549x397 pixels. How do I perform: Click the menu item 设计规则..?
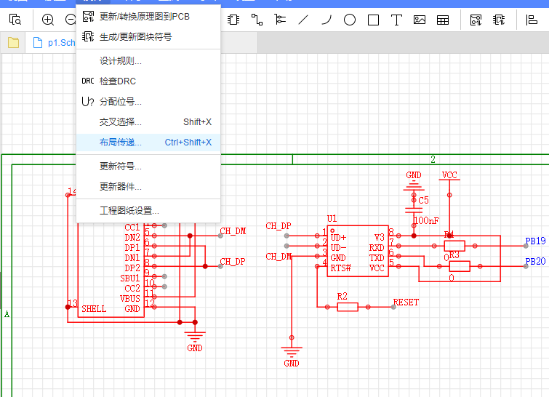[120, 61]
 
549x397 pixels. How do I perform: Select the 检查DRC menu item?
[117, 81]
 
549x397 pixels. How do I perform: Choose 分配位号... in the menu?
[120, 102]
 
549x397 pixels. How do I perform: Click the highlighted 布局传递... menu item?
[120, 143]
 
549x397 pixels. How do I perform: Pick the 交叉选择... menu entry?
[120, 122]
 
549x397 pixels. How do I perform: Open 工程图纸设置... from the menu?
[129, 211]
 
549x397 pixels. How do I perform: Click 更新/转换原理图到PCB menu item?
[144, 17]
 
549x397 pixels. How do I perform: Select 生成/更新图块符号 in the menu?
[135, 36]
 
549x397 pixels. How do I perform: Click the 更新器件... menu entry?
[120, 187]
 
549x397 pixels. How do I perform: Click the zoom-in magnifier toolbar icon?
[48, 20]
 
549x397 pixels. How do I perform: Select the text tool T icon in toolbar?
[396, 20]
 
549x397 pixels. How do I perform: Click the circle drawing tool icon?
[350, 20]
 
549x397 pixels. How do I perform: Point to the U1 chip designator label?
[332, 219]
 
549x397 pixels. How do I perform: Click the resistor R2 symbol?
[348, 307]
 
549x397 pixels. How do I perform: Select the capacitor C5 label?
[423, 200]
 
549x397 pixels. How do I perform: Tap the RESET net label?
[406, 302]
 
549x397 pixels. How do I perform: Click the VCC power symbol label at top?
[449, 175]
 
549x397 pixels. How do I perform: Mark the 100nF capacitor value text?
[426, 220]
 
